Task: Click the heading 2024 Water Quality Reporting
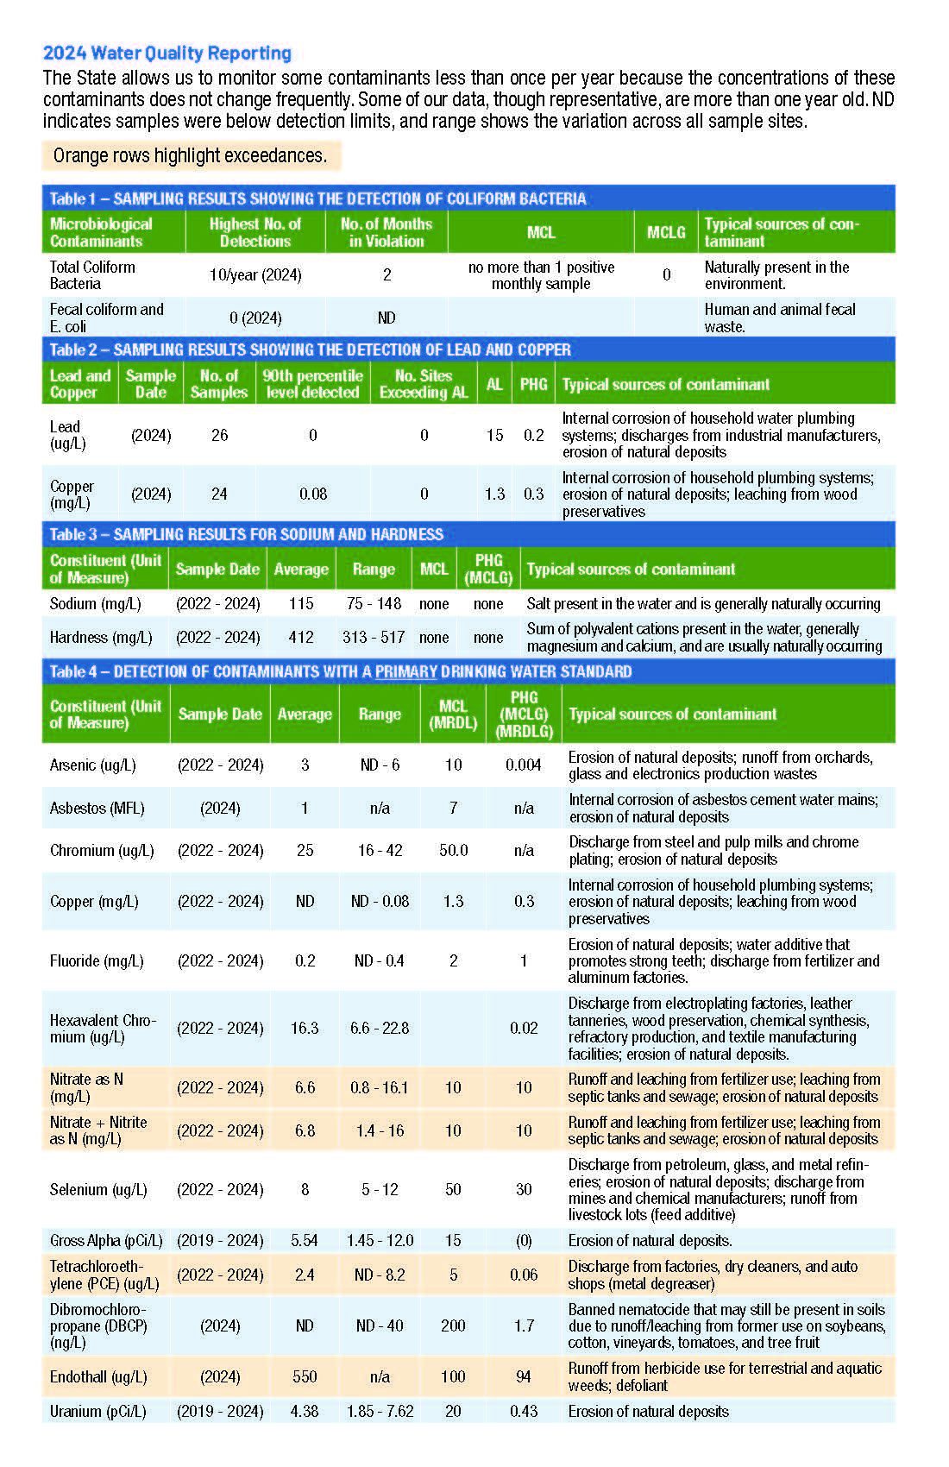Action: coord(167,54)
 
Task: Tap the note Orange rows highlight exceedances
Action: coord(190,155)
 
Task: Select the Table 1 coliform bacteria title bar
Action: coord(317,198)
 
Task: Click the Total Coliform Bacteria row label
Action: coord(92,275)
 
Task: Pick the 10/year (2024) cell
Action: coord(255,275)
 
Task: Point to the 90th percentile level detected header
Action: coord(312,384)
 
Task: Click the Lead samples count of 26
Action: coord(220,435)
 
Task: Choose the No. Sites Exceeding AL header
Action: coord(424,384)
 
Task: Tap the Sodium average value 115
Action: coord(301,603)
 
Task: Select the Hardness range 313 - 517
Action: coord(374,637)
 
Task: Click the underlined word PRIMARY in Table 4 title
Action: coord(405,671)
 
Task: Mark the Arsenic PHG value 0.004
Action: coord(524,765)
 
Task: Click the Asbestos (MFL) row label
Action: coord(97,808)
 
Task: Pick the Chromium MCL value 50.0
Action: coord(454,850)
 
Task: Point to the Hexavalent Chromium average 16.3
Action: coord(305,1028)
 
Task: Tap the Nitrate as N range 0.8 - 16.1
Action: coord(380,1087)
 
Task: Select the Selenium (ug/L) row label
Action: coord(98,1189)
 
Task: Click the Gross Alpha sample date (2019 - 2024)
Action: coord(220,1240)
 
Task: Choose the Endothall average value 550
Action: coord(305,1376)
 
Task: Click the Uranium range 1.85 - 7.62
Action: coord(380,1411)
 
